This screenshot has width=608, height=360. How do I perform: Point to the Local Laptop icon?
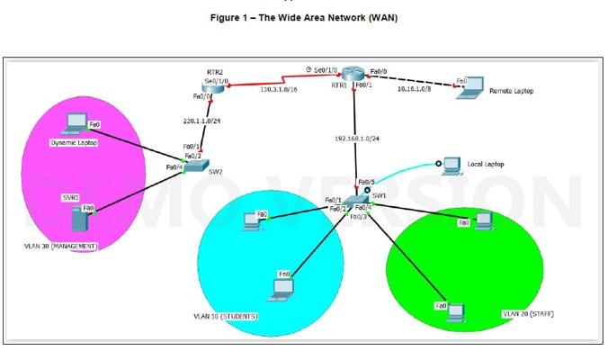pos(450,164)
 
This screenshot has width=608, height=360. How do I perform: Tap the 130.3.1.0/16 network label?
pos(281,89)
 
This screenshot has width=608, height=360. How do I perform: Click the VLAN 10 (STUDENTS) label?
pos(226,317)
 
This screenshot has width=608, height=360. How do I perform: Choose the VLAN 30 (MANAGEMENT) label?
pos(62,246)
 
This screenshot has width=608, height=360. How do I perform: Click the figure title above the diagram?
pos(303,17)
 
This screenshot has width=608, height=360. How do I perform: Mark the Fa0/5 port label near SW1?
pos(366,182)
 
